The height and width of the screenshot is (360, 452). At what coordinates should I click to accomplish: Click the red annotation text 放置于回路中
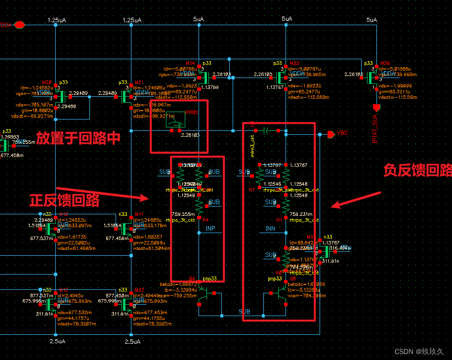pyautogui.click(x=79, y=138)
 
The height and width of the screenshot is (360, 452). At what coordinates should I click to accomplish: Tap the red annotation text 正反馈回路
pyautogui.click(x=64, y=200)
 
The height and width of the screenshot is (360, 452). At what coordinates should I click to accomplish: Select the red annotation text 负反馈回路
pyautogui.click(x=417, y=170)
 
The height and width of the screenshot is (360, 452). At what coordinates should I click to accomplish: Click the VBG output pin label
pyautogui.click(x=342, y=133)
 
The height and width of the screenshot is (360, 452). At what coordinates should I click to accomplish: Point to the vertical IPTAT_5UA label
pyautogui.click(x=376, y=127)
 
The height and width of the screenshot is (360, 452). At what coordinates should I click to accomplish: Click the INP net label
pyautogui.click(x=210, y=229)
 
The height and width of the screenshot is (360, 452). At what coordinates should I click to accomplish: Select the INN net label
pyautogui.click(x=270, y=229)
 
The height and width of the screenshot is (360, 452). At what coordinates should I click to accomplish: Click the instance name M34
pyautogui.click(x=191, y=63)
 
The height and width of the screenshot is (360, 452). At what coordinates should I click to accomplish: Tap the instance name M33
pyautogui.click(x=294, y=63)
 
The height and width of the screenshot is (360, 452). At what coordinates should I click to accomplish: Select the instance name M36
pyautogui.click(x=385, y=63)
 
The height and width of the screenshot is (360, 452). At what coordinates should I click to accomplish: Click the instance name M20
pyautogui.click(x=47, y=82)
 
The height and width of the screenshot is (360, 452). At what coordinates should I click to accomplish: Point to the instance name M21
pyautogui.click(x=139, y=82)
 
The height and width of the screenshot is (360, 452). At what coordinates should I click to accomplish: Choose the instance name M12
pyautogui.click(x=63, y=214)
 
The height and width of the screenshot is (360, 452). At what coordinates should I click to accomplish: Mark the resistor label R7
pyautogui.click(x=252, y=189)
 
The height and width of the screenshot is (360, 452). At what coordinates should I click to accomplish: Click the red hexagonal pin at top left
pyautogui.click(x=20, y=24)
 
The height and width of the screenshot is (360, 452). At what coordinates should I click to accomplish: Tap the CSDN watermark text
pyautogui.click(x=419, y=352)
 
